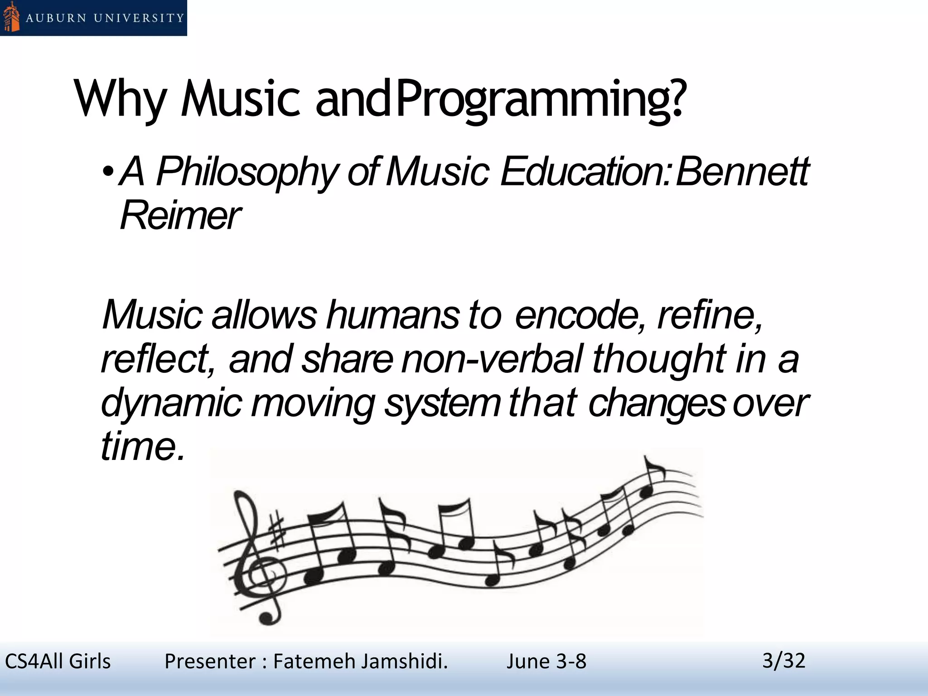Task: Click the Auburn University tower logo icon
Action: [11, 17]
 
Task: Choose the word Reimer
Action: [180, 215]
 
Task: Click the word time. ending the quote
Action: [143, 446]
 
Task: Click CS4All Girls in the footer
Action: [58, 662]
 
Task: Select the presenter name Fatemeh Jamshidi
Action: [360, 662]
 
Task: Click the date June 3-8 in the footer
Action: [546, 662]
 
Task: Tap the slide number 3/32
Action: [784, 661]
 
